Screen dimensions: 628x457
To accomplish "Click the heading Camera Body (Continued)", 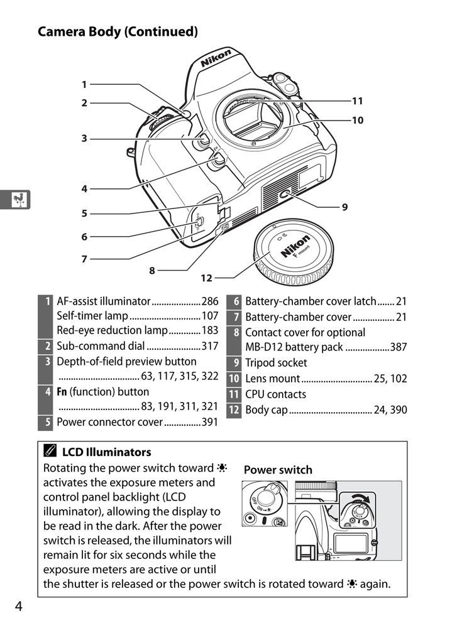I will [x=118, y=31].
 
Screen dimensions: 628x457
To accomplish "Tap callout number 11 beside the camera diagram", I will [x=357, y=100].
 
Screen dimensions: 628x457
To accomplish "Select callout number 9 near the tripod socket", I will [x=344, y=206].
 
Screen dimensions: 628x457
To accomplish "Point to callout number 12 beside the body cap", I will [x=207, y=278].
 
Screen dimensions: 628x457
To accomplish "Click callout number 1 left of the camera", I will [x=84, y=84].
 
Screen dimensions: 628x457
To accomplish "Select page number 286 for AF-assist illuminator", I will [x=209, y=301].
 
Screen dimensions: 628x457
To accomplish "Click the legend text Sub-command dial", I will [x=101, y=346].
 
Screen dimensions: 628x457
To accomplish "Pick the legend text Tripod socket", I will [x=276, y=363].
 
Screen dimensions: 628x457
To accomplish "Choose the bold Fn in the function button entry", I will [x=62, y=392].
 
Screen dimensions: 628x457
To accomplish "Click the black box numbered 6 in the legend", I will [x=233, y=301].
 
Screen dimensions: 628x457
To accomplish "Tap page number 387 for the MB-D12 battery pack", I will [x=398, y=347].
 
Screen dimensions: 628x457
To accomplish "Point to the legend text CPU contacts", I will [x=275, y=394].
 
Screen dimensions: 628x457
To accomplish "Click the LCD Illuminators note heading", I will [x=106, y=452].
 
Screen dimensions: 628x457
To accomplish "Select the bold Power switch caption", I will [x=277, y=470].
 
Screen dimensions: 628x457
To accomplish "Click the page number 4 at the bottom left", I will [x=19, y=607].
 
